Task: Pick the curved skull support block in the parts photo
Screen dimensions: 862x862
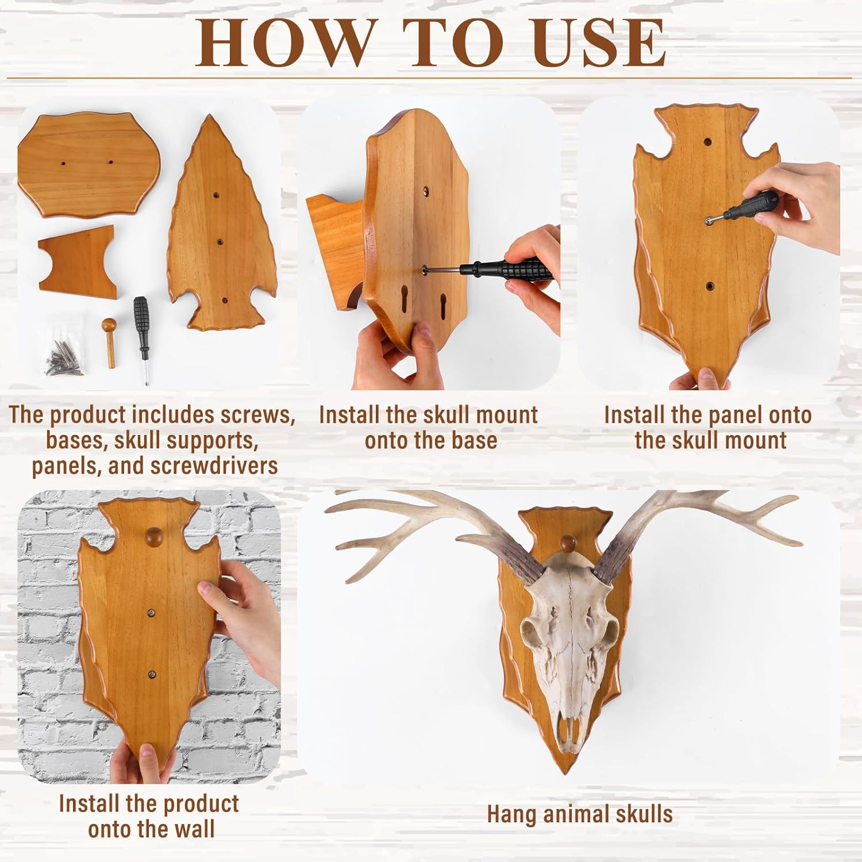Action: pyautogui.click(x=77, y=261)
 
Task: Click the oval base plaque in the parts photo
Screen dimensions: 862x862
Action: pyautogui.click(x=87, y=164)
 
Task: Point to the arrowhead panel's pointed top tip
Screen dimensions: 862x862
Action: pyautogui.click(x=209, y=117)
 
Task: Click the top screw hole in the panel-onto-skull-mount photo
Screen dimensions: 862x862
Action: pyautogui.click(x=707, y=141)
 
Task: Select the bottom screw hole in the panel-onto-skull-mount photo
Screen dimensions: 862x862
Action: pyautogui.click(x=709, y=285)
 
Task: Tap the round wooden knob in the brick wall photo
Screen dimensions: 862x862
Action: pyautogui.click(x=153, y=538)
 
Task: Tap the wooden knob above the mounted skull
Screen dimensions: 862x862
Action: pyautogui.click(x=568, y=542)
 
